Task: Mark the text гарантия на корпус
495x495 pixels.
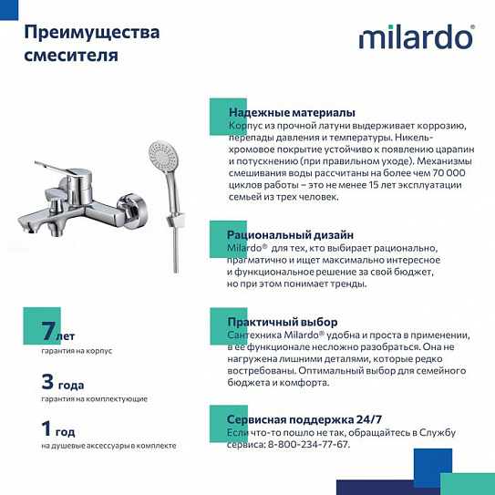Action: [x=77, y=351]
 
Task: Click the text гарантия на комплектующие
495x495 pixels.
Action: [x=94, y=399]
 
